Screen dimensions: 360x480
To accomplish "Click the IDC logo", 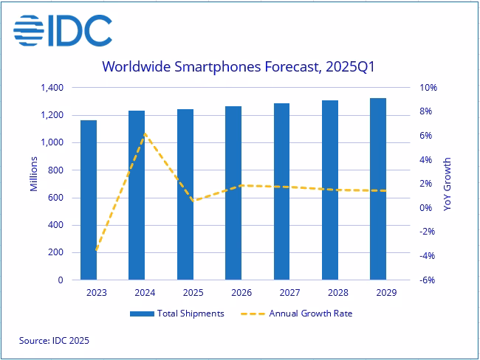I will [x=63, y=30].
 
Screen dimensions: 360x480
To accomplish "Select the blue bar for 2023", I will [x=89, y=200].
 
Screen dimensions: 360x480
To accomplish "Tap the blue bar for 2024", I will [x=137, y=195].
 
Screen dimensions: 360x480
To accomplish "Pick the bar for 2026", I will [x=233, y=193].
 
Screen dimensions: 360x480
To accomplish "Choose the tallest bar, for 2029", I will [x=377, y=189].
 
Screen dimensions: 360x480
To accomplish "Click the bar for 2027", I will [x=281, y=192].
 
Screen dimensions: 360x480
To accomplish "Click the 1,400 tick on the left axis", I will [x=51, y=88].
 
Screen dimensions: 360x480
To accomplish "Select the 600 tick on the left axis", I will [x=57, y=198].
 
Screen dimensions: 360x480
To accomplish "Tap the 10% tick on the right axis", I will [x=429, y=88].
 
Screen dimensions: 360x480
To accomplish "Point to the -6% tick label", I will [x=429, y=280].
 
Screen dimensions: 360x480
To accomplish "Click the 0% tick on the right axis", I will [x=428, y=208].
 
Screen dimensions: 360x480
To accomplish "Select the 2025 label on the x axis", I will [x=185, y=293].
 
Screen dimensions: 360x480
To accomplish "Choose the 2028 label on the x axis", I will [x=329, y=293].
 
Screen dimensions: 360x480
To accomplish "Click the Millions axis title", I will [x=34, y=175].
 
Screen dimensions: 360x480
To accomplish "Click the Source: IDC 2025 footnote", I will [x=54, y=341].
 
